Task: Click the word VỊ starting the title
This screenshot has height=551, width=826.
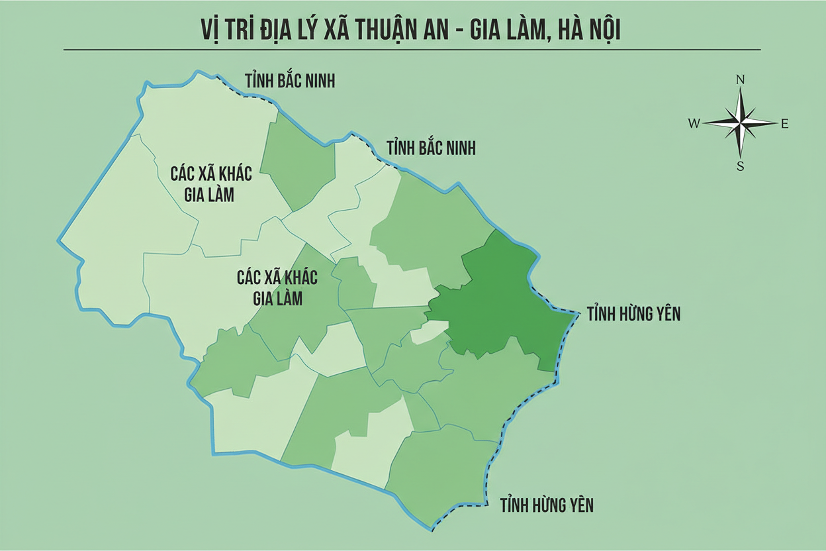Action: click(x=210, y=28)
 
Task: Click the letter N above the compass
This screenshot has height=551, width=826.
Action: click(x=741, y=80)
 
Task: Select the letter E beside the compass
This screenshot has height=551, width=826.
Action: click(x=784, y=123)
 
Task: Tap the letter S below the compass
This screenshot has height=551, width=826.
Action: click(x=741, y=166)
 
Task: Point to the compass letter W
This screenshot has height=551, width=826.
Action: click(x=694, y=123)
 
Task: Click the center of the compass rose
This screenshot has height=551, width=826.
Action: click(x=741, y=123)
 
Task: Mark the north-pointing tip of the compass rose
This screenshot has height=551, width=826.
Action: click(x=741, y=89)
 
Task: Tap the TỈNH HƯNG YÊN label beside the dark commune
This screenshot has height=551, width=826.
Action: click(x=633, y=314)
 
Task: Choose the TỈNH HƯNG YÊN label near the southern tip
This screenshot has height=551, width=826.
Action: click(x=547, y=505)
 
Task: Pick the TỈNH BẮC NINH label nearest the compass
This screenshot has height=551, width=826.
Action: click(x=430, y=147)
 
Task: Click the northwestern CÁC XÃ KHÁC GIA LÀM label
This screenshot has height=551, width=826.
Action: click(x=211, y=183)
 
